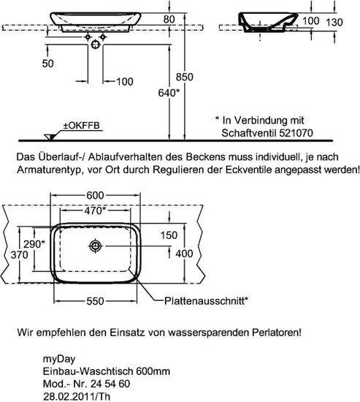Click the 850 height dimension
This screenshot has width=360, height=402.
(185, 77)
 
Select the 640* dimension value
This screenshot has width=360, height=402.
(169, 93)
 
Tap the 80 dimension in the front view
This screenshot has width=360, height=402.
(169, 19)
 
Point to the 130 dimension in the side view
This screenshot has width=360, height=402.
(334, 23)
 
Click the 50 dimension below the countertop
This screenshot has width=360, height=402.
(48, 64)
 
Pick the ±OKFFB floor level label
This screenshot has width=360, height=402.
(82, 126)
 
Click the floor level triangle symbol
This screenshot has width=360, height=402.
(50, 137)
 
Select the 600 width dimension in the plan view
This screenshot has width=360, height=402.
(95, 195)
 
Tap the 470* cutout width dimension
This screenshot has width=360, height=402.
(95, 211)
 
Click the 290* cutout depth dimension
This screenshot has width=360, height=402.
(34, 244)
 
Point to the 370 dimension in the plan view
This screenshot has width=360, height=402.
(20, 255)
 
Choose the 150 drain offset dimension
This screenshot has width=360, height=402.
(169, 235)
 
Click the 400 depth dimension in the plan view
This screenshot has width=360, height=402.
(184, 254)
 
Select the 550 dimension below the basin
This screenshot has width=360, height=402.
(95, 301)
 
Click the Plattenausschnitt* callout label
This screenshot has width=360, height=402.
(206, 300)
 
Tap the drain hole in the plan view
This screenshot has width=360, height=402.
(96, 246)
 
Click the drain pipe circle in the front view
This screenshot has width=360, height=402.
(96, 45)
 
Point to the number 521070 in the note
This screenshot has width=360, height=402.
(296, 133)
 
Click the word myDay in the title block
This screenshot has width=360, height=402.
(59, 359)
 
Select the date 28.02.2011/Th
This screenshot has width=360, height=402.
(77, 396)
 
